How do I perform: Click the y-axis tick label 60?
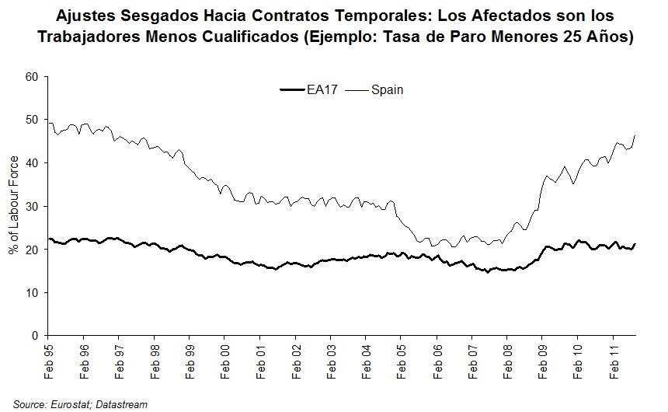pyautogui.click(x=32, y=77)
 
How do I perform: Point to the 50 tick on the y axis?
pyautogui.click(x=32, y=120)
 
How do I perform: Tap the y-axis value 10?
pyautogui.click(x=32, y=292)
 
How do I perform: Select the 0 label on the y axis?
pyautogui.click(x=35, y=336)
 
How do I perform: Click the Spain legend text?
pyautogui.click(x=386, y=90)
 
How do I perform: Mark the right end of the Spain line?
pyautogui.click(x=635, y=136)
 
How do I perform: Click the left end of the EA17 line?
pyautogui.click(x=48, y=239)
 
